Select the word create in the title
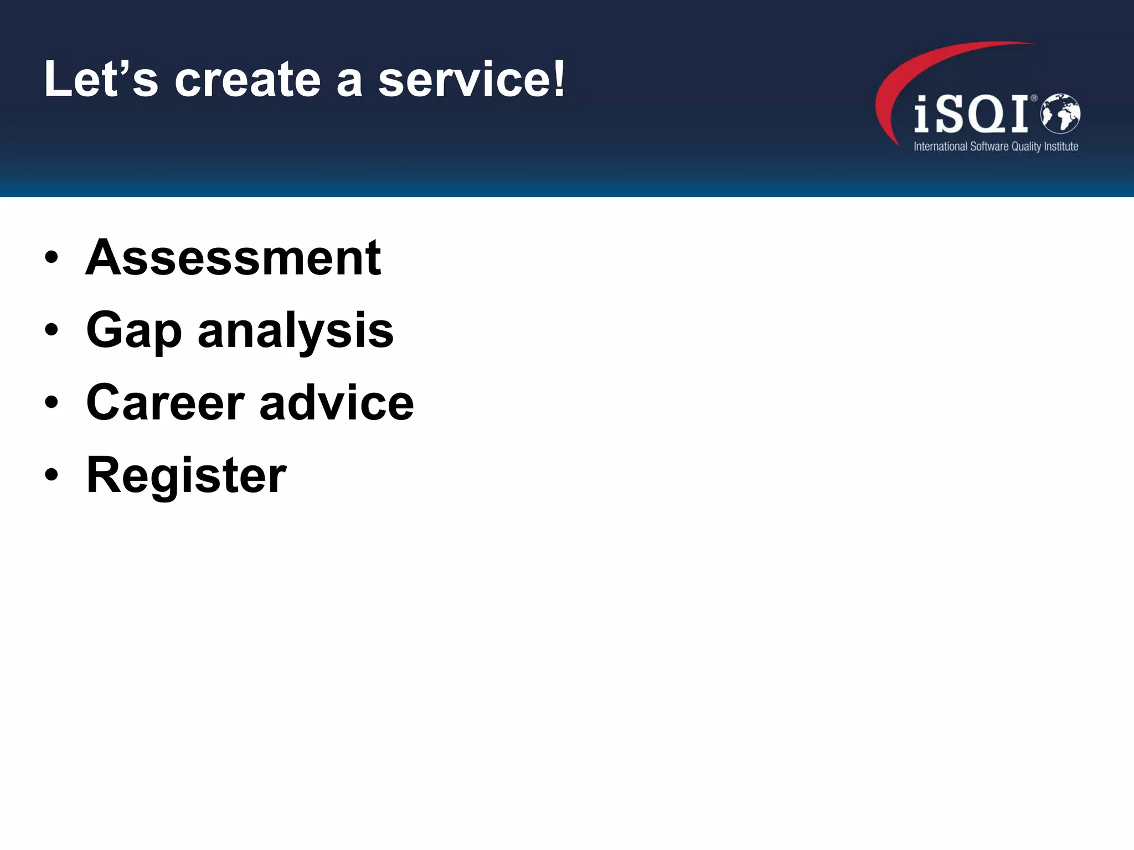pos(248,80)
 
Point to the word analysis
pos(295,330)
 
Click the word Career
pos(165,402)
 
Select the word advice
pos(336,402)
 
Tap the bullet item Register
pos(186,475)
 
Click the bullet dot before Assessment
pos(51,258)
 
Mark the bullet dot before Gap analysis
pos(51,330)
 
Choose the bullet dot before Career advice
pos(51,403)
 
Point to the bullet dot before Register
pos(51,475)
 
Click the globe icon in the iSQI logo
pos(1060,113)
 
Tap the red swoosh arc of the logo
pos(908,72)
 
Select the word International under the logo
pos(940,147)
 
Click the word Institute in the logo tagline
pos(1061,147)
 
